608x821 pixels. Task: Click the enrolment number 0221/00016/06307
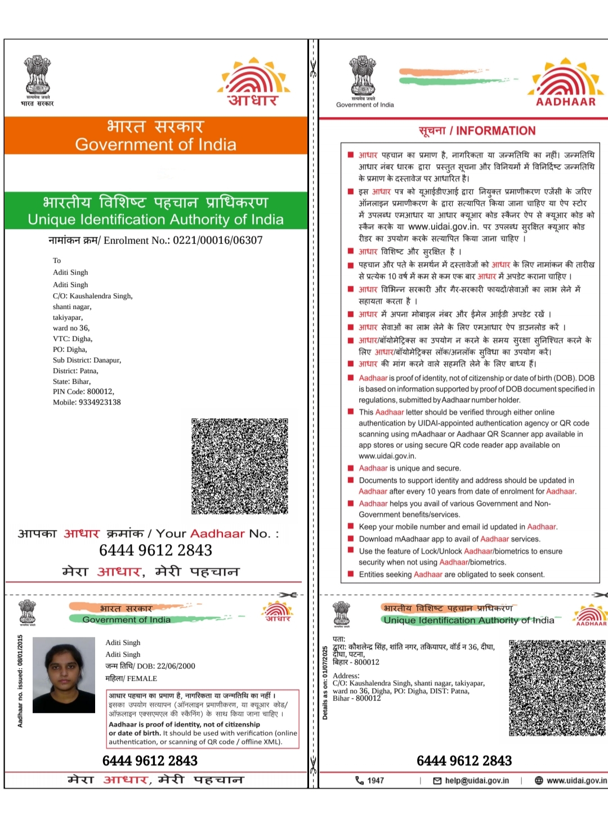217,240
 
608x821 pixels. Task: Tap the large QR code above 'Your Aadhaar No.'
240,466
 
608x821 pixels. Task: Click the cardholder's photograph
64,675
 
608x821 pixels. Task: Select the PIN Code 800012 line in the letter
83,392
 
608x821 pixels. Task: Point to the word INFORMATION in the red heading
495,131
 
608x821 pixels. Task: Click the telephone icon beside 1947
359,780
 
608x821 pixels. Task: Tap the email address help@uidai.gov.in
477,780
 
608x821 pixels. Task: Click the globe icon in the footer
539,780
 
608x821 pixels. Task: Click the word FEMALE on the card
142,679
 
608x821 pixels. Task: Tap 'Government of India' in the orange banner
155,145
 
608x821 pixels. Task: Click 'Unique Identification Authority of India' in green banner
155,219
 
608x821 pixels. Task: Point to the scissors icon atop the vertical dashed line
313,69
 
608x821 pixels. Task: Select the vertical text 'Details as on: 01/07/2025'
325,683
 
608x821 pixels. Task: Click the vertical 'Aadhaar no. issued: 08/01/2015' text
20,681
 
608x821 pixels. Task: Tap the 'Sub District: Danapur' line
87,360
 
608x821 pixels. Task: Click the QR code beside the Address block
557,688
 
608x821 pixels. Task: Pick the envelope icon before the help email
437,780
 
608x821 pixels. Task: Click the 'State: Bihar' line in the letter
71,382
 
